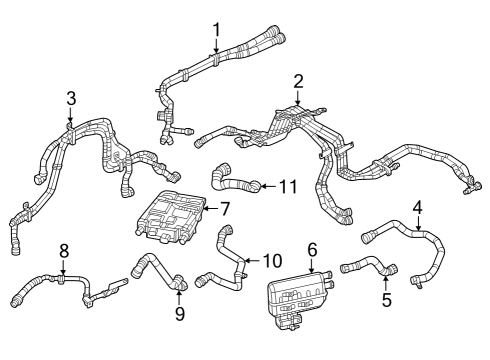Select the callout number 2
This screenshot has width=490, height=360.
point(298,80)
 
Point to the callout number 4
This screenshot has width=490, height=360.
point(418,207)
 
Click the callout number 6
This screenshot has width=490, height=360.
point(311,247)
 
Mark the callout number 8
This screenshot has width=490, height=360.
point(63,250)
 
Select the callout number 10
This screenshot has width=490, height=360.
point(272,261)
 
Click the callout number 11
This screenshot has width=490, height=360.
point(288,185)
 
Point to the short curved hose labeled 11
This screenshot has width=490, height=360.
point(235,183)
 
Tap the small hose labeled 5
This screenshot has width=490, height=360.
point(368,268)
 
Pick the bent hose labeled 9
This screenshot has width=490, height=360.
point(155,270)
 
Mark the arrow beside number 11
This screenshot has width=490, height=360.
point(269,185)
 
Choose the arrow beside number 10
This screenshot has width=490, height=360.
point(250,262)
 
